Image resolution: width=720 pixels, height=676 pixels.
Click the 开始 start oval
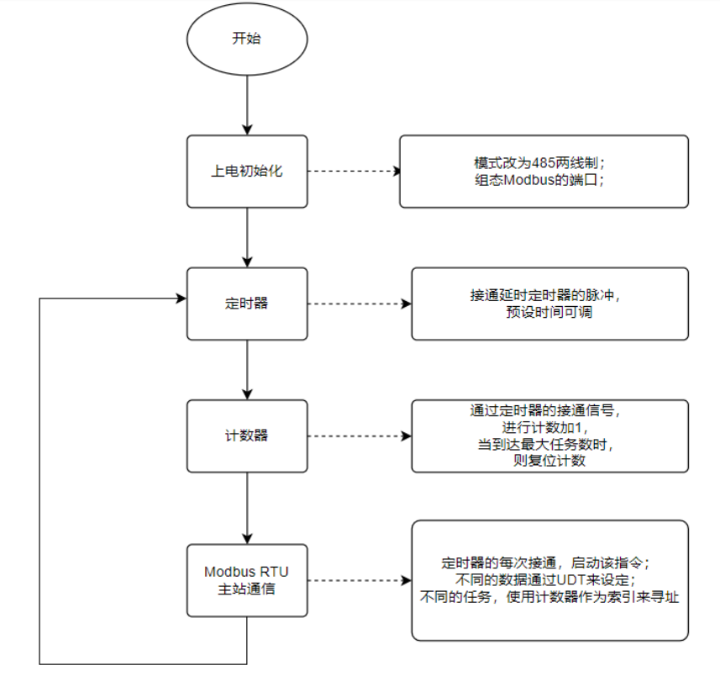click(x=247, y=39)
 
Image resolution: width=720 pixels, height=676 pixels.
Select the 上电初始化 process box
click(x=247, y=172)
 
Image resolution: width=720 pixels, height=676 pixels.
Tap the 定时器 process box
click(x=247, y=304)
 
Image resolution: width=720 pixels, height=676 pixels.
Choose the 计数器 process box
click(x=247, y=436)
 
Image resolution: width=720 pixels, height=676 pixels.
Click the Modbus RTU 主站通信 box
click(x=247, y=580)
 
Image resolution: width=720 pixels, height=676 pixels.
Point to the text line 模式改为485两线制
click(x=543, y=162)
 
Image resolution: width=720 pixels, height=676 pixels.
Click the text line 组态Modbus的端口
click(x=543, y=180)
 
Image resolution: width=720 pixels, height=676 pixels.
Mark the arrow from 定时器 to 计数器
click(x=247, y=369)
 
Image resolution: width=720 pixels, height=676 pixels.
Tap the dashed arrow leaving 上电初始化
click(x=353, y=172)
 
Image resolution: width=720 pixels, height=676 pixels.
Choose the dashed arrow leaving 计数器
click(x=359, y=436)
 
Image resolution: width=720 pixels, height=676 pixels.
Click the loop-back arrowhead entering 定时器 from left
click(x=180, y=298)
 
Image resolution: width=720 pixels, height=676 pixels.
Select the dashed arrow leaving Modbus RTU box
click(x=359, y=580)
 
